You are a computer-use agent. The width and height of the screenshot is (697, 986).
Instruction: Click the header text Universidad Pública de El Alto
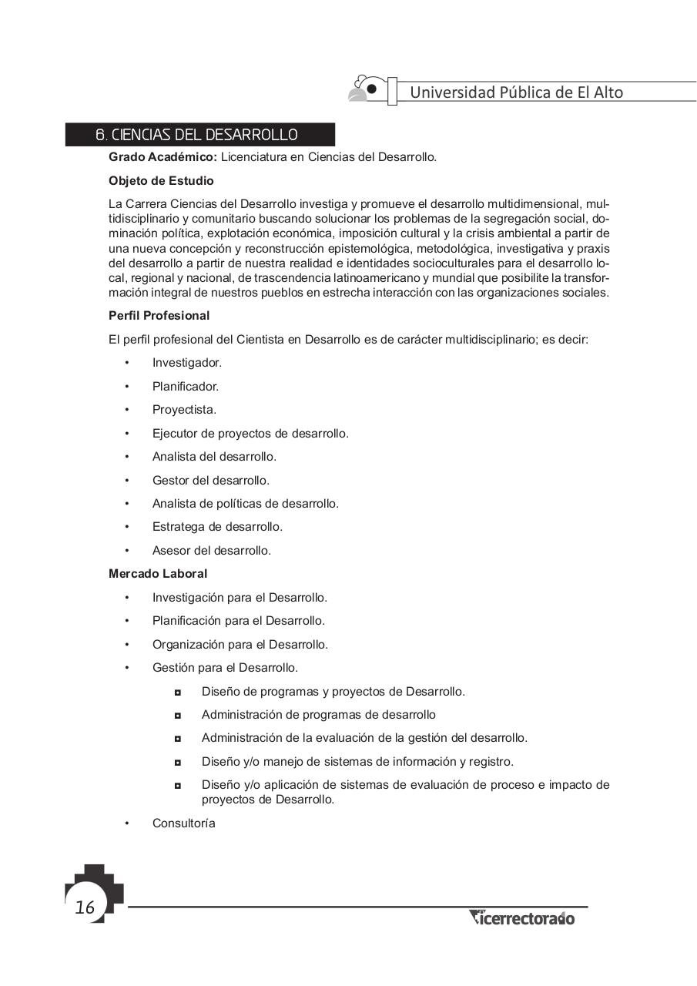(516, 92)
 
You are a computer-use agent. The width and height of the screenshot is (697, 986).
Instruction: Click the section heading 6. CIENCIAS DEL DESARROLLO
(196, 135)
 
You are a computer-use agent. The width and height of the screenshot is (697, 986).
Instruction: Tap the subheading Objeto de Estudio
(161, 181)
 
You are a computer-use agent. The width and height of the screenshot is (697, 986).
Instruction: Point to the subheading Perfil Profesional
(159, 316)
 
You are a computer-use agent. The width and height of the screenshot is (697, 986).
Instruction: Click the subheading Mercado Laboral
(158, 574)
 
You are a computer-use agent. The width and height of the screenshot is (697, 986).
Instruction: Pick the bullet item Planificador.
(186, 387)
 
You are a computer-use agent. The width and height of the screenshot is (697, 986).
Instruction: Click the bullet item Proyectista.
(184, 410)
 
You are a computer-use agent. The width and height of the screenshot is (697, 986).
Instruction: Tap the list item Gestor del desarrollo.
(211, 481)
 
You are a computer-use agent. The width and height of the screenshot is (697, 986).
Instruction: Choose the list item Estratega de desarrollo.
(217, 527)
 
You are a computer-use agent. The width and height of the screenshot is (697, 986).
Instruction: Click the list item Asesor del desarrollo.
(212, 551)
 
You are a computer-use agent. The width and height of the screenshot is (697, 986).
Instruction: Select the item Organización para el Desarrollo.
(240, 645)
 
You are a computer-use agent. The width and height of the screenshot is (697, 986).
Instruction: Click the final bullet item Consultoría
(184, 823)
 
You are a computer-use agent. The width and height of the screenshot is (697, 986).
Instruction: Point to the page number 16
(85, 908)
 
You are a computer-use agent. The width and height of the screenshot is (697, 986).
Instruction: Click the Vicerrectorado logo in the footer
(521, 918)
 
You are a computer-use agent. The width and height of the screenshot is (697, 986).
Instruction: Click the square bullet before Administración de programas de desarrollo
(178, 716)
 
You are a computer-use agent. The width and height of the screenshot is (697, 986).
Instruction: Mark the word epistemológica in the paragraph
(373, 249)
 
